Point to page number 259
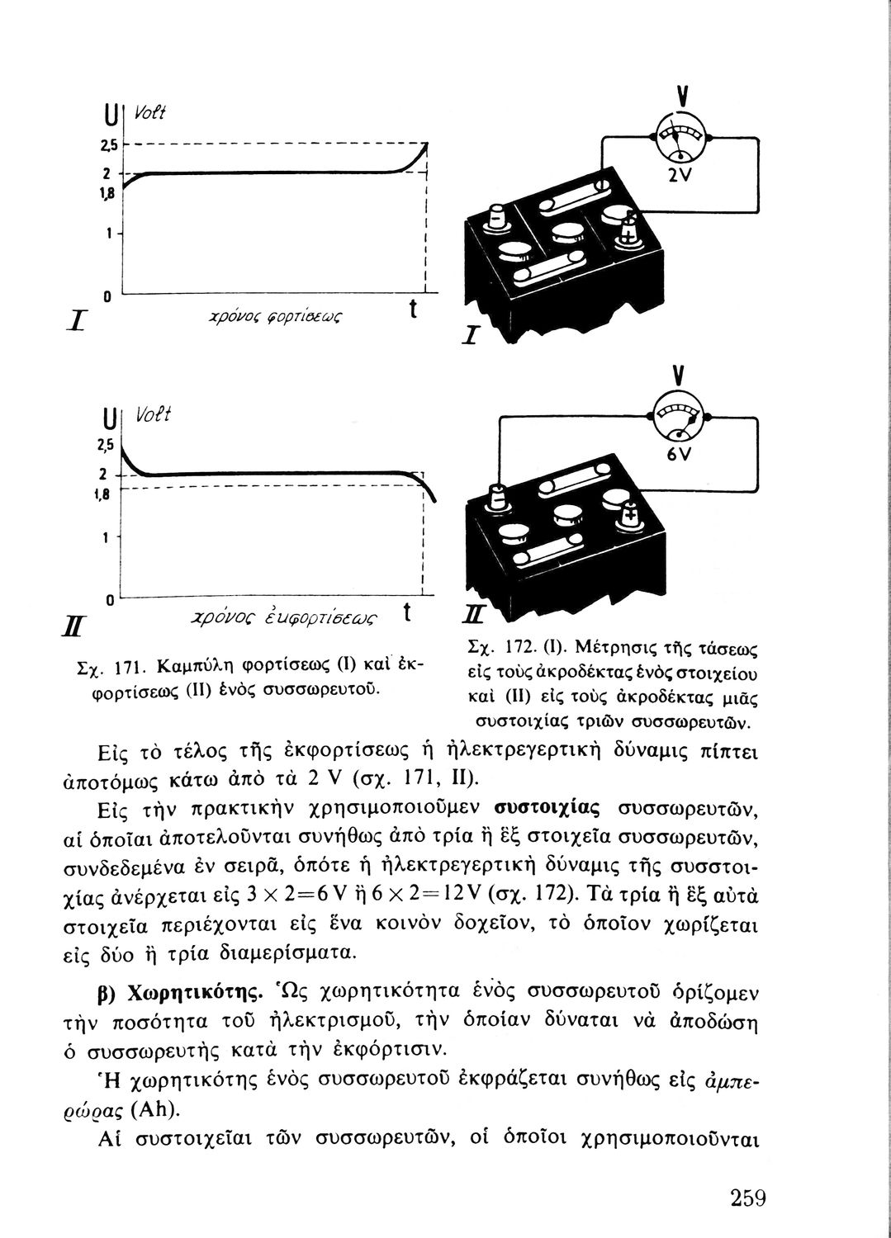[737, 1198]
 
